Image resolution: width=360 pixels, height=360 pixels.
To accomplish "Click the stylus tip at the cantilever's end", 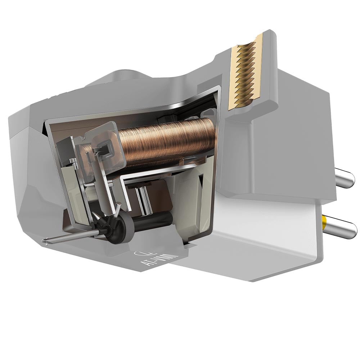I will coord(44,242).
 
